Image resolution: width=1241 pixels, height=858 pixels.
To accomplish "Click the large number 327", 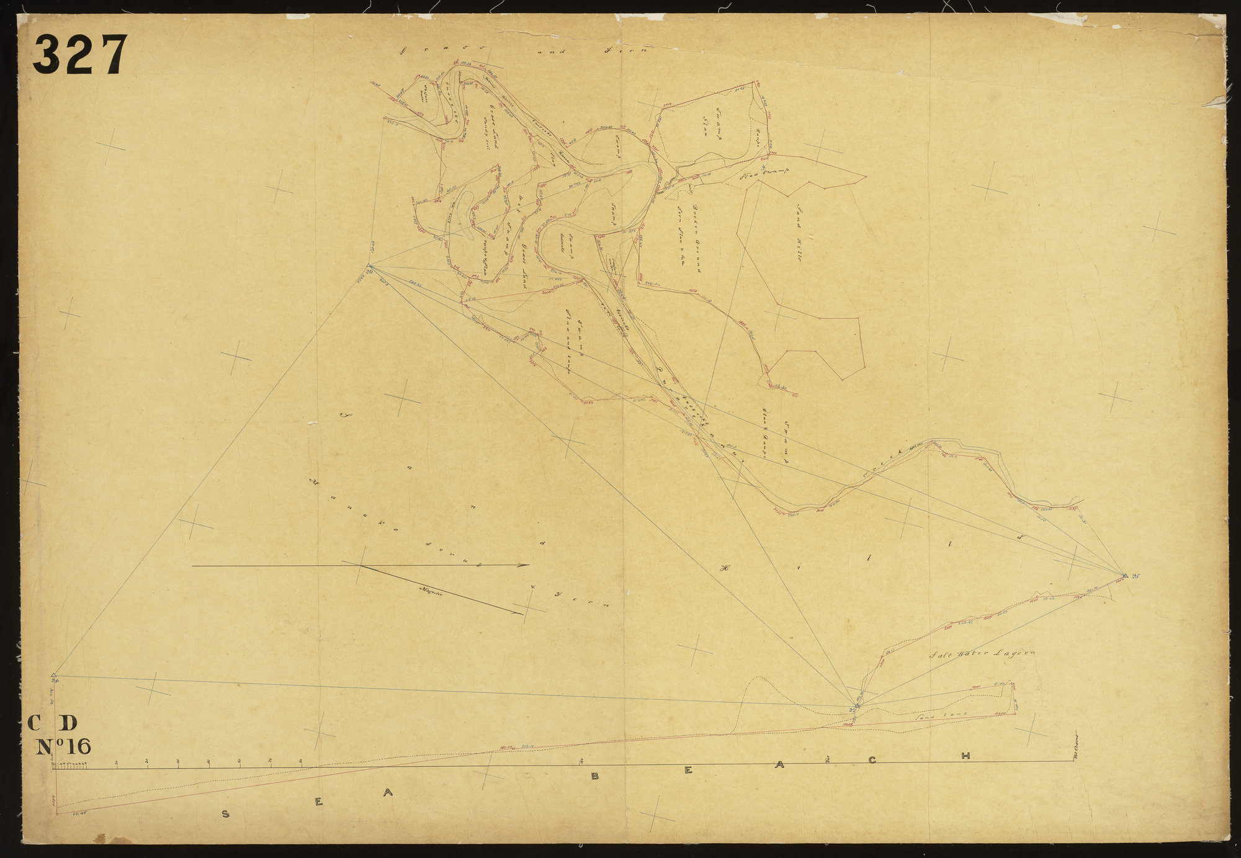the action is tap(80, 54).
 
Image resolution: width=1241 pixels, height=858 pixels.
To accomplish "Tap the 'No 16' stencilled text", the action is tap(65, 746).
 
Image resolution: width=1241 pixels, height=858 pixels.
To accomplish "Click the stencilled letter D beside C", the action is tap(69, 723).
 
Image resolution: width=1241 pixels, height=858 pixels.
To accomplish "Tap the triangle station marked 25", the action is tap(1124, 576).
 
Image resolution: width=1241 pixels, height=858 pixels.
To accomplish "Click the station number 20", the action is tap(369, 271).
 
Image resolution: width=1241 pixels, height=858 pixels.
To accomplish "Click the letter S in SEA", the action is tap(226, 815).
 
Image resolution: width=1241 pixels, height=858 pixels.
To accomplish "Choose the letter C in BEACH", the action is tap(872, 760).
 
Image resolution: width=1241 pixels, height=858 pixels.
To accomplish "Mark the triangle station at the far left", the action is tap(54, 674).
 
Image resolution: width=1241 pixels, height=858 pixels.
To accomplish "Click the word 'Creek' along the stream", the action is tap(883, 470).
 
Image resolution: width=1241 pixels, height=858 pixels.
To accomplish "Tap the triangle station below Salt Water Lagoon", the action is tap(857, 705).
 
